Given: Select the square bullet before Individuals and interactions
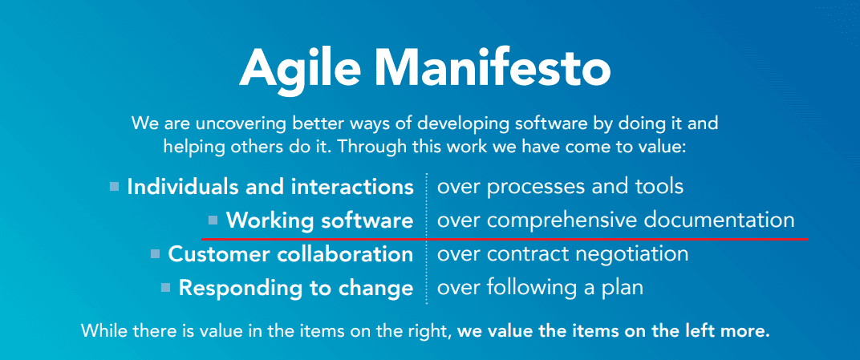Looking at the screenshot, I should click(x=115, y=187).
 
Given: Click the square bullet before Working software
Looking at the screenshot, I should click(x=213, y=220).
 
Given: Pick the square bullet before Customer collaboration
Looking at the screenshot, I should click(x=155, y=254).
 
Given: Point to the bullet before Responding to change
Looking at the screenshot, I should click(x=165, y=287).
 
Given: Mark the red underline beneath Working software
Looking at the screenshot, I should click(x=505, y=238).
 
